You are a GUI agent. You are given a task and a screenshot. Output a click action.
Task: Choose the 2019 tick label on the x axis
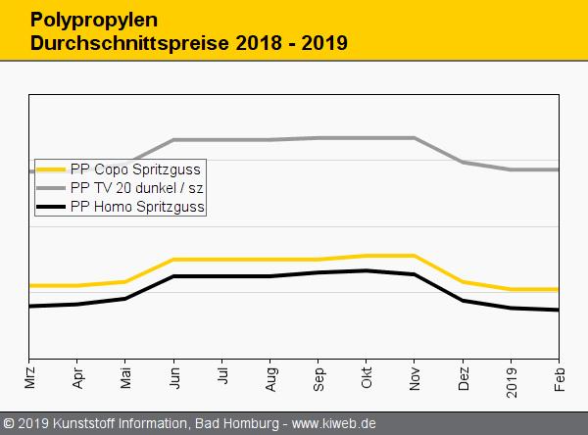click(512, 377)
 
